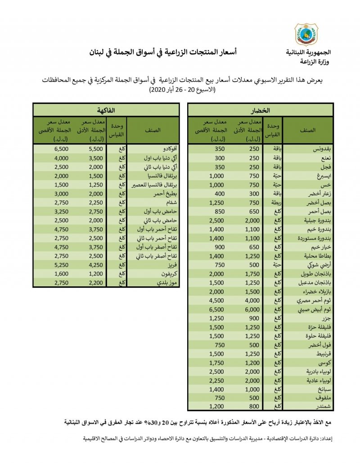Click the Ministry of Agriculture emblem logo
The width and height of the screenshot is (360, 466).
coord(306,35)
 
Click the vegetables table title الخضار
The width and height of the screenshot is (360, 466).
coord(261,110)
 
